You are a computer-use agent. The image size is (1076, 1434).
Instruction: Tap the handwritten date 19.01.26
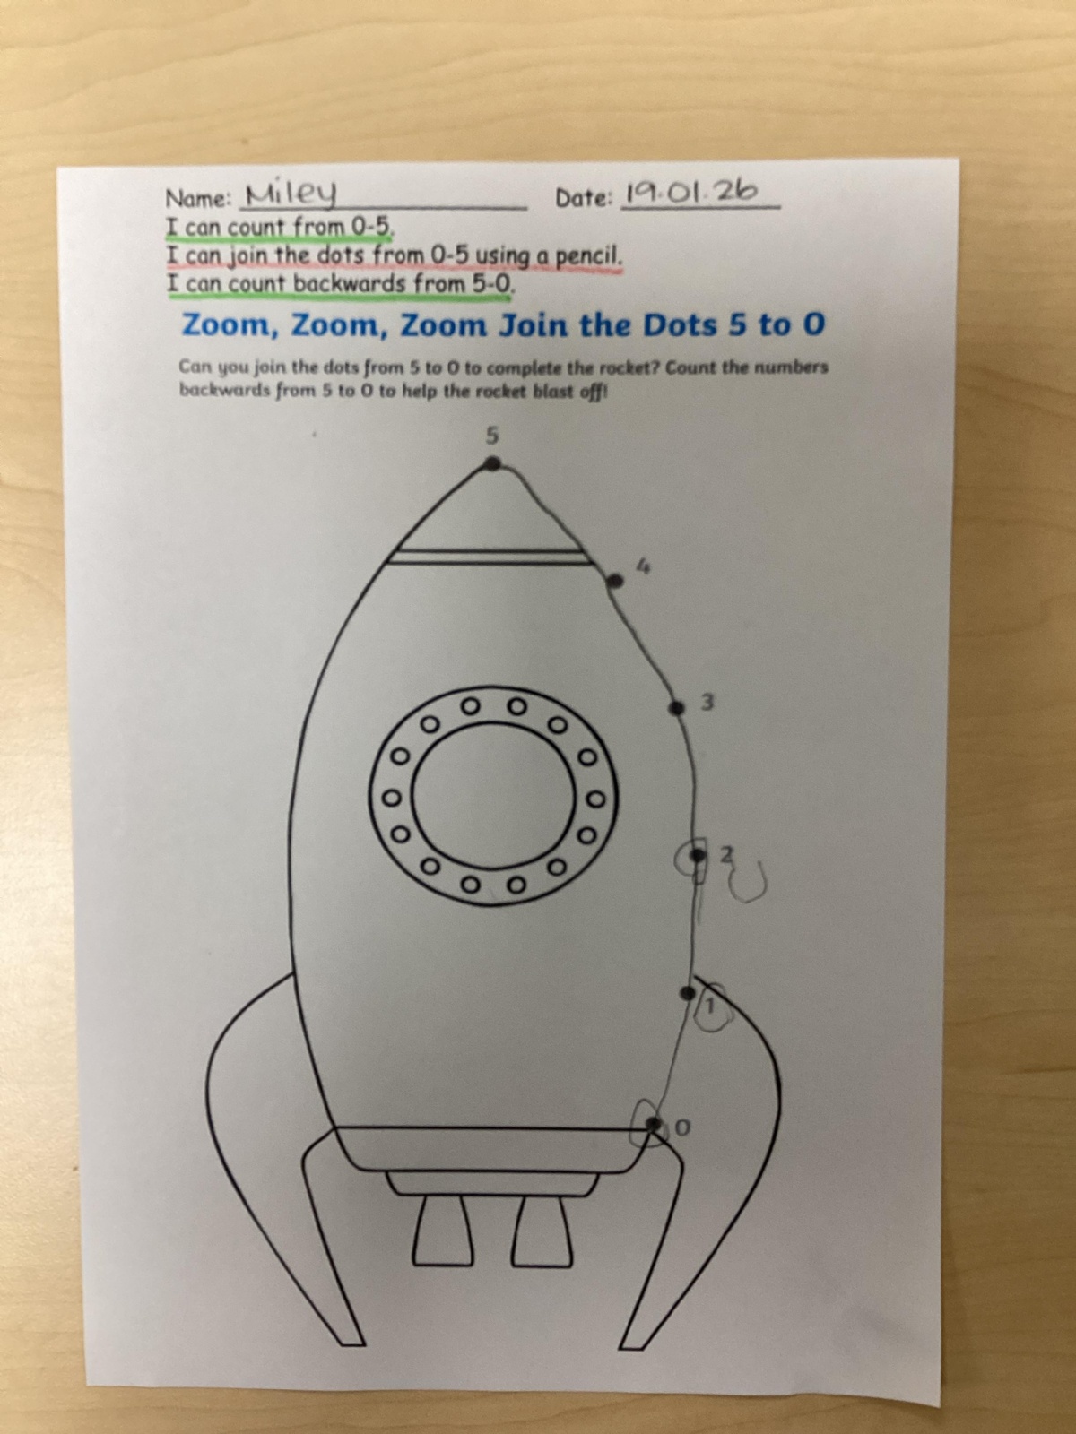(x=692, y=192)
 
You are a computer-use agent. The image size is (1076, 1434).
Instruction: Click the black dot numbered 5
(x=492, y=464)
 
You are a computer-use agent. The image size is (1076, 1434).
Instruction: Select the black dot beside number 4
(x=615, y=580)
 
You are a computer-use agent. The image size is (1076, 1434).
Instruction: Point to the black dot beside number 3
(x=677, y=707)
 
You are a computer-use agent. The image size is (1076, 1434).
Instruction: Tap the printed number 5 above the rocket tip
(x=492, y=435)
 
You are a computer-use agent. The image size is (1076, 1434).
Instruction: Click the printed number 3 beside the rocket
(x=707, y=703)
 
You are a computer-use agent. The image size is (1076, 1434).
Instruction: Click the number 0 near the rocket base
(x=681, y=1127)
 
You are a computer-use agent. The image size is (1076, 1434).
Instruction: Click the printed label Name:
(x=198, y=199)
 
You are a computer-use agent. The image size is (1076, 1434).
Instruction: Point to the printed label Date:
(x=584, y=198)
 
